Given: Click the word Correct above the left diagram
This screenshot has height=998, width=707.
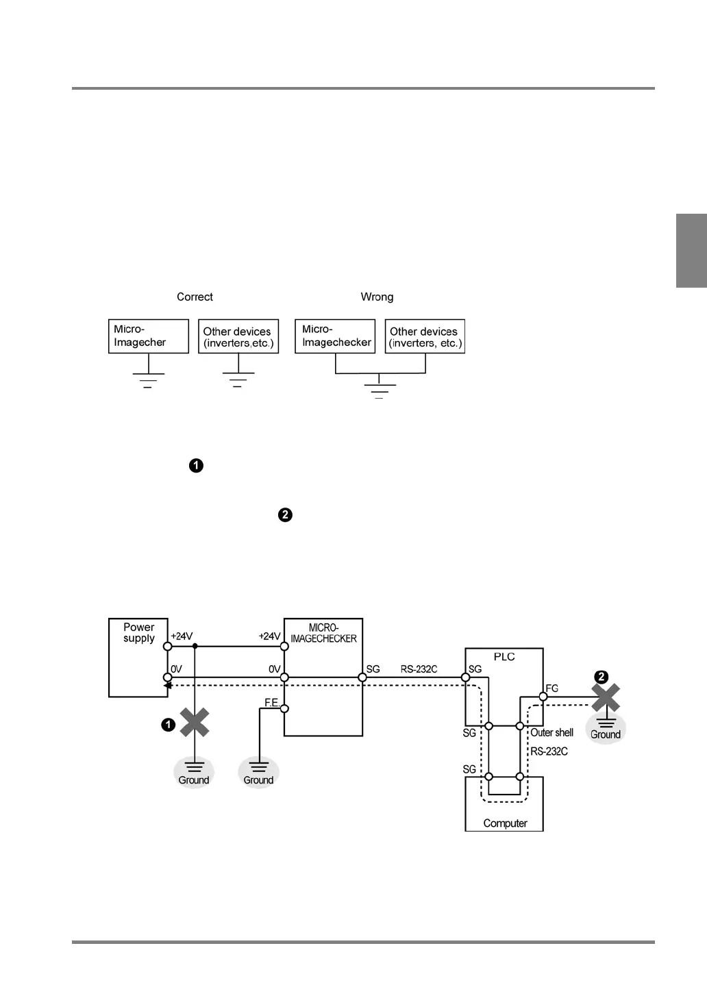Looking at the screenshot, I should (195, 297).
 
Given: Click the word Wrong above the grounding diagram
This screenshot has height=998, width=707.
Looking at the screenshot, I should (377, 297).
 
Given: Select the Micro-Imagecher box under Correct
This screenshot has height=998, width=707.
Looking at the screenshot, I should (148, 336).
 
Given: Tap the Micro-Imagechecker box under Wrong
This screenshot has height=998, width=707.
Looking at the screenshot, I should (335, 336).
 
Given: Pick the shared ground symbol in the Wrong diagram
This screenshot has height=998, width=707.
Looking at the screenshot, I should (380, 388).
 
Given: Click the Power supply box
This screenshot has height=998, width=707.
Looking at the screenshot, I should (138, 658).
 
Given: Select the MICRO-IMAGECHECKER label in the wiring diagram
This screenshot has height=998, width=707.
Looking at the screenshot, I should (323, 633).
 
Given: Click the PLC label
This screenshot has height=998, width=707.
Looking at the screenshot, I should (504, 657).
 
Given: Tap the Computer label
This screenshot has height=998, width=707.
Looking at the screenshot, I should (505, 823).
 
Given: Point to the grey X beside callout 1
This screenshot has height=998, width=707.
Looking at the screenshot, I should (195, 723).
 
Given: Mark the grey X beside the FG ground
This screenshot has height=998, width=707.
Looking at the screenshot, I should (606, 698).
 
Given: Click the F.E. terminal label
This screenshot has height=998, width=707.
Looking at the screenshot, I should (272, 703).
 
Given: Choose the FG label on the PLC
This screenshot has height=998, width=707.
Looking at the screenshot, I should (552, 688).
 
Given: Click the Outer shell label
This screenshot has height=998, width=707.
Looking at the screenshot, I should (552, 732).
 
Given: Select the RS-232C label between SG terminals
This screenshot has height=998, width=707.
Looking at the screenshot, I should (419, 669).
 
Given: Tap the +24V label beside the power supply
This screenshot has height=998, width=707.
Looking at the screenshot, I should (182, 636).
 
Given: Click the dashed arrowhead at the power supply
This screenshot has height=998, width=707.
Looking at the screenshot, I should (167, 684).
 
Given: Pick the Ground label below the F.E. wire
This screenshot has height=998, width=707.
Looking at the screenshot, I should (258, 780).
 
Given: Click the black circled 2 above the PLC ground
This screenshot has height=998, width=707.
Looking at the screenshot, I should (601, 677).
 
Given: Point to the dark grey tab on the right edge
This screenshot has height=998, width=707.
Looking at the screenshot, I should (691, 251).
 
